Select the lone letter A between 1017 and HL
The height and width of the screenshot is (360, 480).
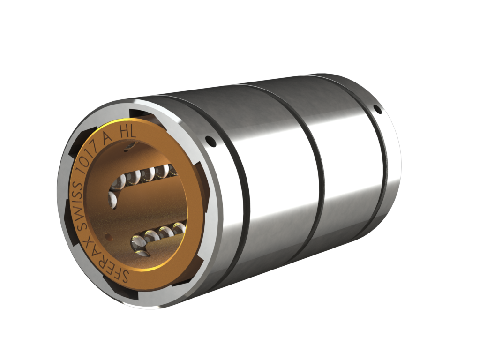click(x=108, y=139)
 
